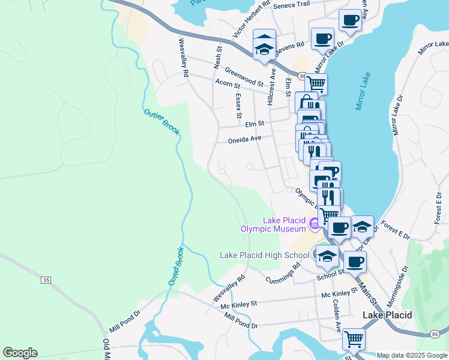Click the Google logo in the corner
(20, 353)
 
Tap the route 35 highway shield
(46, 280)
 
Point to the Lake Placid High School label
(265, 255)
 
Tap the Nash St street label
(218, 56)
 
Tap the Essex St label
(238, 106)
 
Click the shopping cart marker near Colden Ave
(354, 339)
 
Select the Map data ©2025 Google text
(412, 355)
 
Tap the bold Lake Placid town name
(387, 315)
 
